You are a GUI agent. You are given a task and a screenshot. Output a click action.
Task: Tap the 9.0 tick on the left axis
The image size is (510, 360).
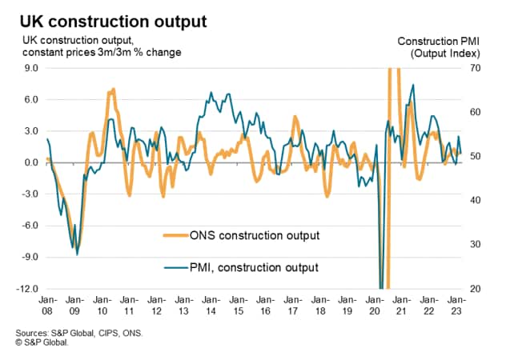coord(29,69)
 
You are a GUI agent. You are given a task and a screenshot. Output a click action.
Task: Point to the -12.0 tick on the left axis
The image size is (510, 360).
coord(26,288)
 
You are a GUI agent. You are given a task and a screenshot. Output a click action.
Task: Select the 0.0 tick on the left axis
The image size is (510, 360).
coord(29,162)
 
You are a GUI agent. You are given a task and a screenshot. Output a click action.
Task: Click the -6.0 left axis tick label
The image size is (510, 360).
coord(27,226)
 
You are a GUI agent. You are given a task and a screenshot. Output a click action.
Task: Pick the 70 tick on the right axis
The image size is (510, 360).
coord(475,69)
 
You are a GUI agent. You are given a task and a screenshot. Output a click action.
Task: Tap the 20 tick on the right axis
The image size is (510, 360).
coord(475,288)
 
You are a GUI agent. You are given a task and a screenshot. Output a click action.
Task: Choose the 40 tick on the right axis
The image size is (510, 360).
coord(475,200)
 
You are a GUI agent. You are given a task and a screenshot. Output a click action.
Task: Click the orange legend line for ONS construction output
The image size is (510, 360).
coord(175,235)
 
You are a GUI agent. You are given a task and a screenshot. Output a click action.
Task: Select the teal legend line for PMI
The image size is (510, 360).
coord(175,267)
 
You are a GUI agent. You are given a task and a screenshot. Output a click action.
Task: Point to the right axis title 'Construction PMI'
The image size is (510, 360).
coord(438,41)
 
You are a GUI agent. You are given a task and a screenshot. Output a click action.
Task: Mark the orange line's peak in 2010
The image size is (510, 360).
coord(114,89)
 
